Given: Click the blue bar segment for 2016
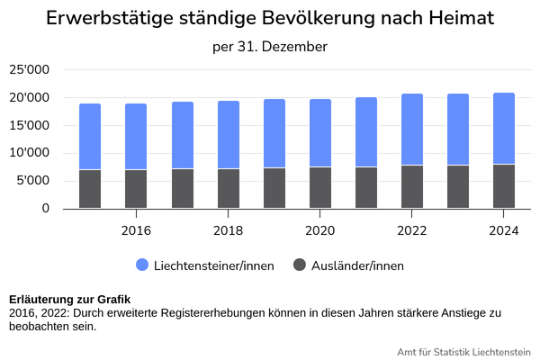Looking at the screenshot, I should click(x=136, y=136).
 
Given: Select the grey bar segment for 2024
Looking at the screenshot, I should click(x=504, y=186).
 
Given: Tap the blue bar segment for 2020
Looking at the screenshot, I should click(x=319, y=132).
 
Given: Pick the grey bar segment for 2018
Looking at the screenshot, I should click(x=228, y=188).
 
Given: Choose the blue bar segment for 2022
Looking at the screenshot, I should click(x=412, y=129).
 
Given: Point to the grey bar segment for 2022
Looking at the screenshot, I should click(x=412, y=187).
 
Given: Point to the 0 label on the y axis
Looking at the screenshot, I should click(x=45, y=209).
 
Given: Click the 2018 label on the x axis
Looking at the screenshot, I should click(x=228, y=230).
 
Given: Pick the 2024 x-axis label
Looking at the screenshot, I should click(x=504, y=230).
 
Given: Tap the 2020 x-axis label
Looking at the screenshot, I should click(x=319, y=230).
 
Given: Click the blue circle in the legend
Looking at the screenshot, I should click(x=143, y=265).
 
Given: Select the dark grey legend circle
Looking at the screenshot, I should click(x=301, y=265).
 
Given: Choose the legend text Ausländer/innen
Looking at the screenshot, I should click(x=357, y=265).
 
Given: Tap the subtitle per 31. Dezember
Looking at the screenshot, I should click(x=270, y=46).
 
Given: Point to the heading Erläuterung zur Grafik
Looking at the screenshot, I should click(x=69, y=300).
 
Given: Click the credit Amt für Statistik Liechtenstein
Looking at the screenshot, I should click(x=463, y=351).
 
